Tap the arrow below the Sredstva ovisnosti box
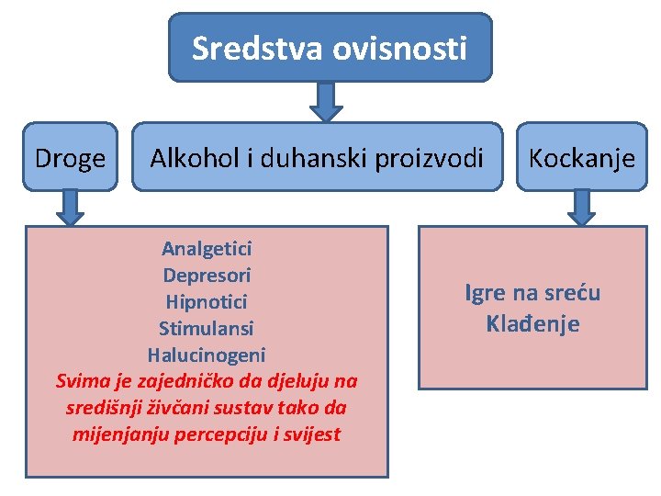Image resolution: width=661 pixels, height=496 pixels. click(x=326, y=101)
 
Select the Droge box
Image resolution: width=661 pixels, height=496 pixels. click(x=70, y=158)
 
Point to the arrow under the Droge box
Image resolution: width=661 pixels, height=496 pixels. click(x=70, y=207)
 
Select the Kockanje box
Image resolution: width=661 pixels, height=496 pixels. click(x=581, y=158)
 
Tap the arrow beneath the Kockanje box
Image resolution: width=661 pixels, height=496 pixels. click(x=581, y=207)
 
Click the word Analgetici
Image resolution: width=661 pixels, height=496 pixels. click(x=207, y=248)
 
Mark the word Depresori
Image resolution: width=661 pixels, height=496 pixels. click(x=207, y=275)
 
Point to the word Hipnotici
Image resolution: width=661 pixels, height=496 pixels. click(x=207, y=301)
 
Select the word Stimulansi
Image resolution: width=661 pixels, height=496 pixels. click(x=207, y=328)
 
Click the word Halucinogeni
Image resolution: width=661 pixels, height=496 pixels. click(x=207, y=355)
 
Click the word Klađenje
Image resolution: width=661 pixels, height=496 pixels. click(x=532, y=324)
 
